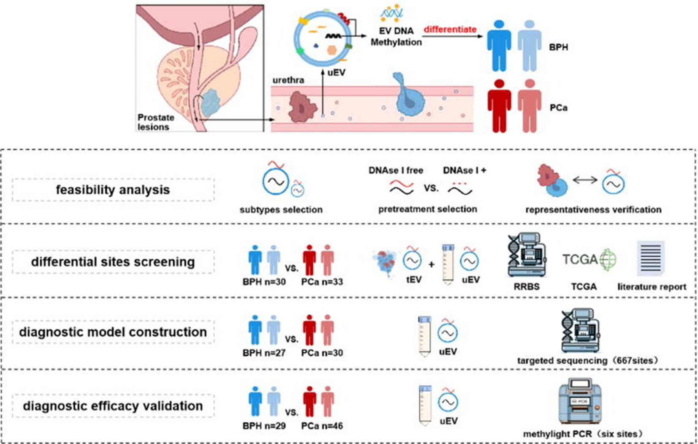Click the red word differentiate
pos(450,29)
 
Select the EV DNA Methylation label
pos(396,36)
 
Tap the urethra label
pos(288,80)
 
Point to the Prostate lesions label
pos(155,122)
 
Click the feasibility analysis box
pos(113,190)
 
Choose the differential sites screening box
pos(113,262)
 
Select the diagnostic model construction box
pos(113,332)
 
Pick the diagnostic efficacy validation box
pos(113,406)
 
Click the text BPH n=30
pos(264,282)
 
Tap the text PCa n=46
pos(322,426)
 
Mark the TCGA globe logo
pos(608,259)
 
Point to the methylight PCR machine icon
pos(579,401)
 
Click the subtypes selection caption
pos(281,210)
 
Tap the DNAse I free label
pos(396,170)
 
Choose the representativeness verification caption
pos(593,210)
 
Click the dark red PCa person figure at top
pos(499,106)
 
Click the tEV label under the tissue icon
pos(413,280)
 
